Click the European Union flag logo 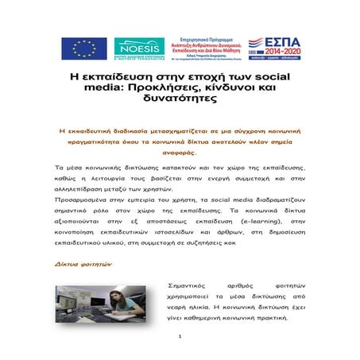[x=78, y=48]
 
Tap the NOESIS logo [x=138, y=48]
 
